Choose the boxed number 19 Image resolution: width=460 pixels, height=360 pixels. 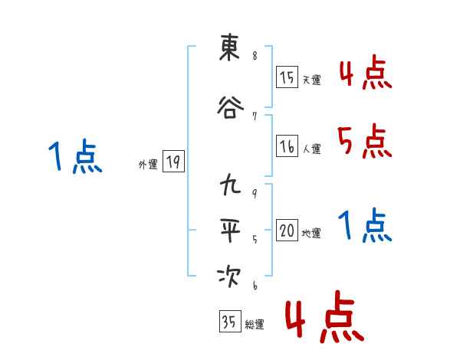(173, 162)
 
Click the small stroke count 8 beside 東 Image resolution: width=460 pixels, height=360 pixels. (254, 56)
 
